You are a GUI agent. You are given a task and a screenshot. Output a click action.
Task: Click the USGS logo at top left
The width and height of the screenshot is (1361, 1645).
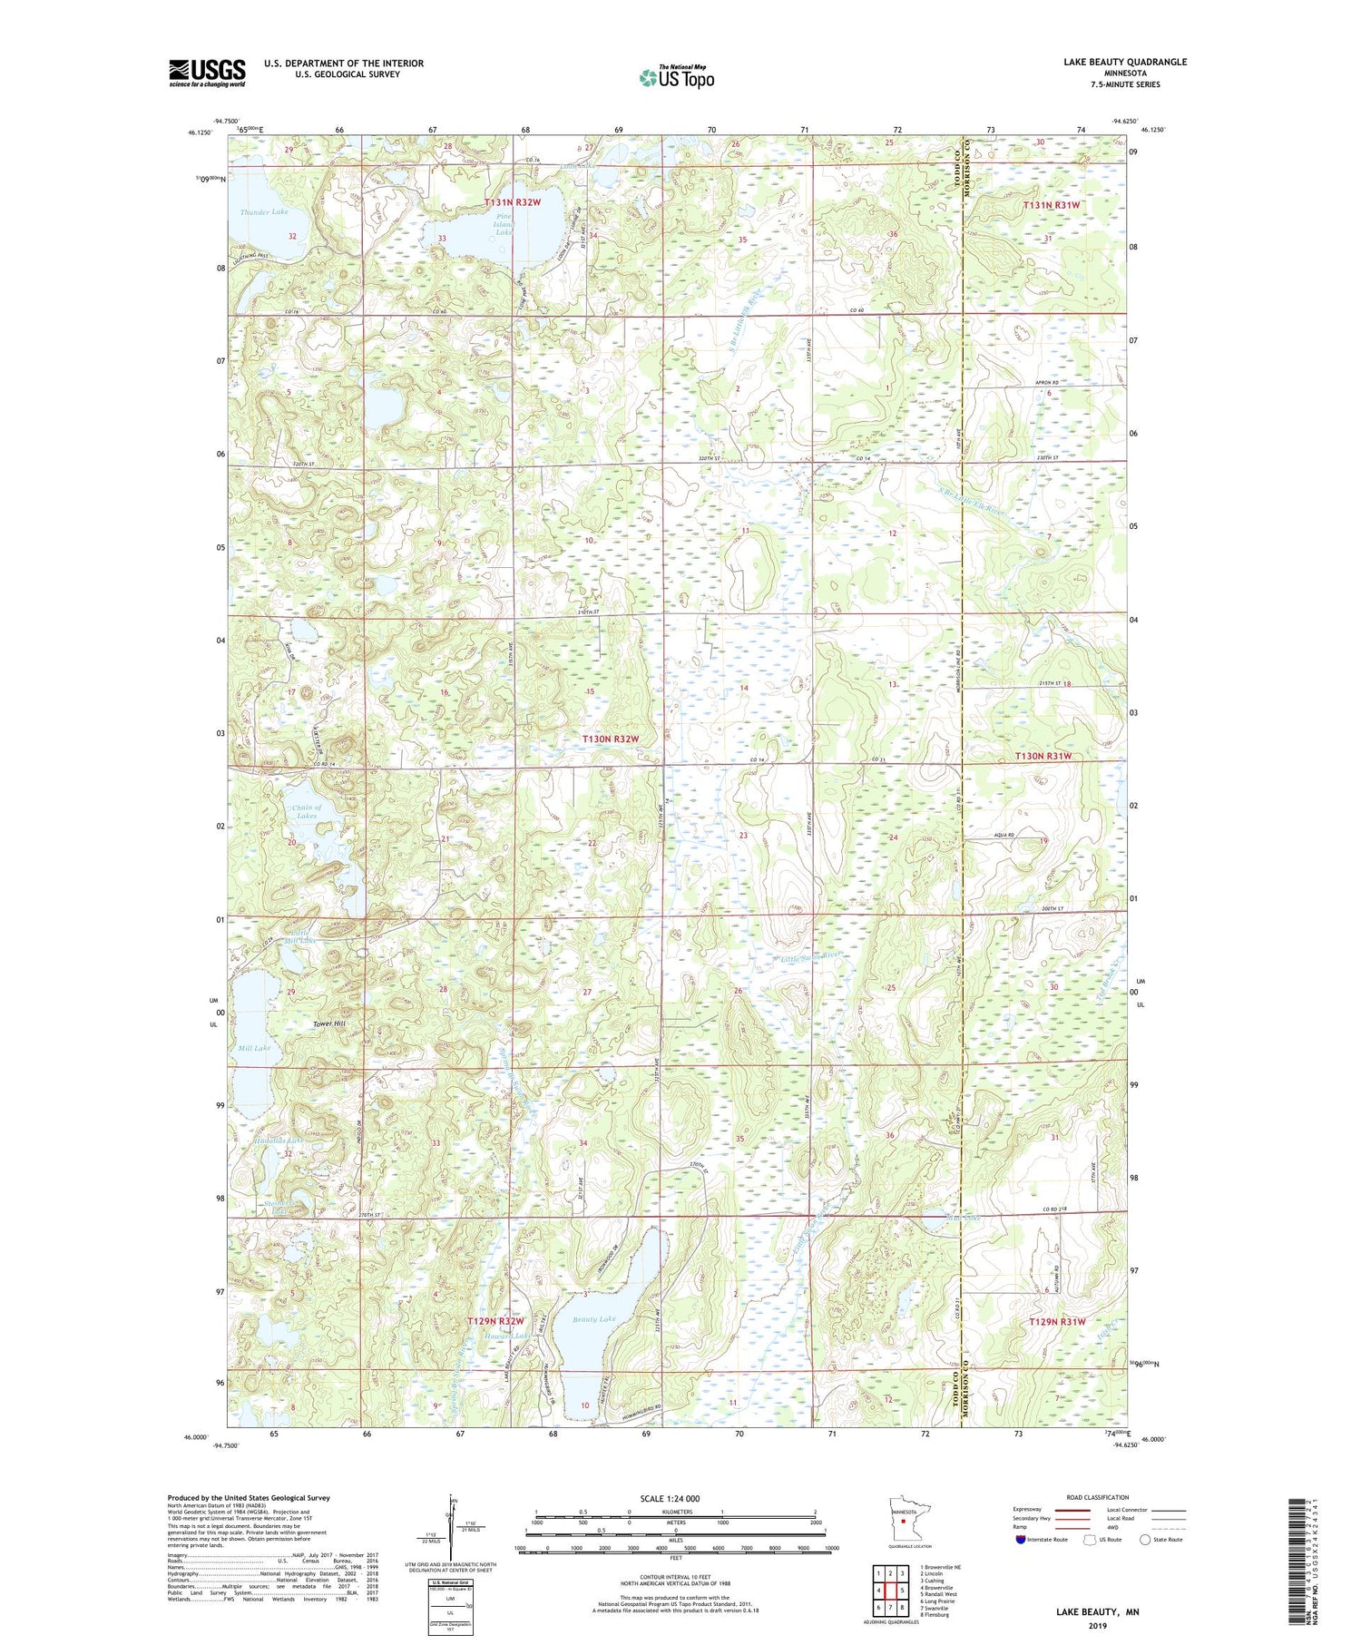(207, 73)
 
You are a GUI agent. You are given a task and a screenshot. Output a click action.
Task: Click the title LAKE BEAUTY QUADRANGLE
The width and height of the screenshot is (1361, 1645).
(1112, 63)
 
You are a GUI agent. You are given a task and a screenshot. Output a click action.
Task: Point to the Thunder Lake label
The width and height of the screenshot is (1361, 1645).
(264, 211)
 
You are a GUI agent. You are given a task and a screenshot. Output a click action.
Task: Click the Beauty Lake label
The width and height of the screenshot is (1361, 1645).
(593, 1318)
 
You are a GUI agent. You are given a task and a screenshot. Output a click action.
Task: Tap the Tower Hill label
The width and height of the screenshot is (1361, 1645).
(329, 1024)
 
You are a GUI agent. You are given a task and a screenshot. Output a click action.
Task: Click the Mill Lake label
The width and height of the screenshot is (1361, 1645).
(254, 1048)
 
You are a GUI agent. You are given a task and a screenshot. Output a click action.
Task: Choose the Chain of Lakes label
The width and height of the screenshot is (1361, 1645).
(307, 811)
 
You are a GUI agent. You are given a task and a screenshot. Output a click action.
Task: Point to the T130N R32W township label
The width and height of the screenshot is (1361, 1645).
(611, 739)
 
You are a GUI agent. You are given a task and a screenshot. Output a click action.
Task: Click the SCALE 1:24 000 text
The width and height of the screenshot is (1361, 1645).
(671, 1498)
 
